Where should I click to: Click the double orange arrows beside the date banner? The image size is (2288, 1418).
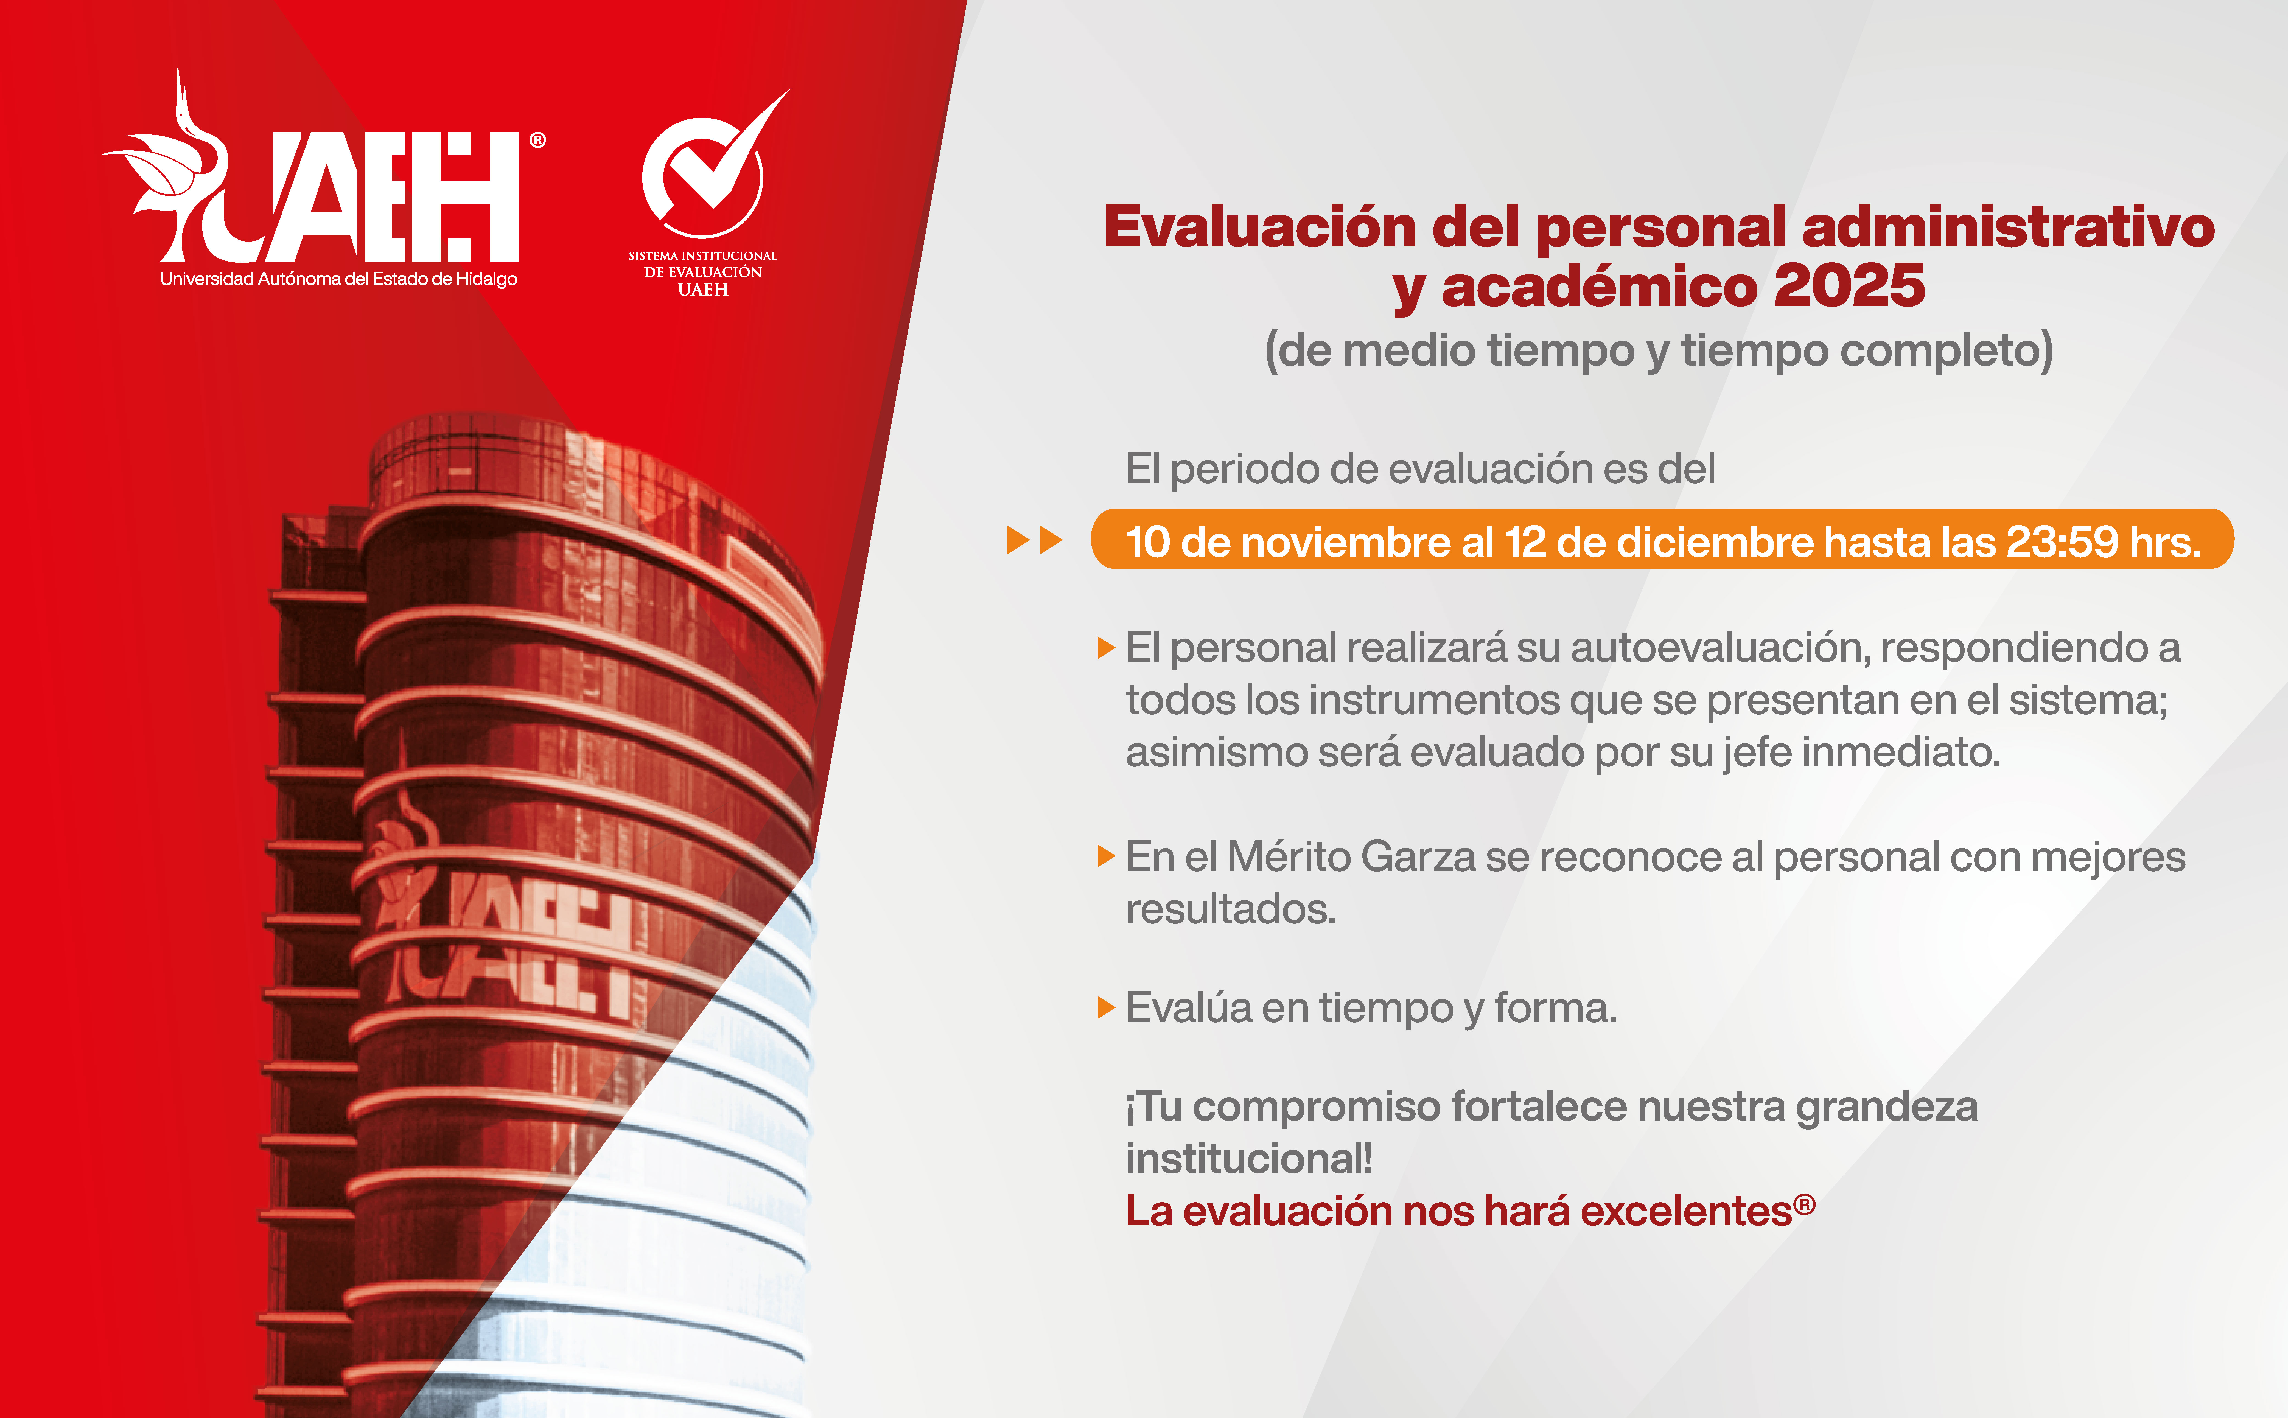tap(1034, 540)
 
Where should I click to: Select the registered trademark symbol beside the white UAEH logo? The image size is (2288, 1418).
tap(537, 141)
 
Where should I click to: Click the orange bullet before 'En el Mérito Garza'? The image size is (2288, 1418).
tap(1105, 856)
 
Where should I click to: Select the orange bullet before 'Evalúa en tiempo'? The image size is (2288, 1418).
tap(1105, 1008)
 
